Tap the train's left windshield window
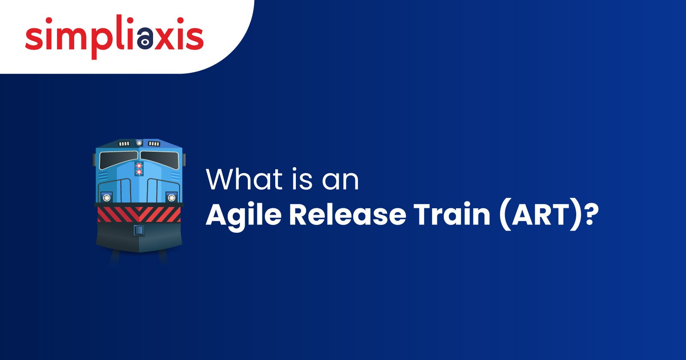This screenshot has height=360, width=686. pos(118,159)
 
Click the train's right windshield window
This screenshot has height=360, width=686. pos(159,159)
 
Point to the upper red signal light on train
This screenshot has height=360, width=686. pos(138,165)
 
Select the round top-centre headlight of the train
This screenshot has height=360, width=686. pos(138,143)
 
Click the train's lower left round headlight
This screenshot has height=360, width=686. pos(106,197)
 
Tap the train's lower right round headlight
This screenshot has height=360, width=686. pos(171,197)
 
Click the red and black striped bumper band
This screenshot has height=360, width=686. pos(139,214)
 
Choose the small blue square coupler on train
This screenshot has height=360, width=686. pos(138,230)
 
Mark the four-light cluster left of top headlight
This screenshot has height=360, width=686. pos(124,144)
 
